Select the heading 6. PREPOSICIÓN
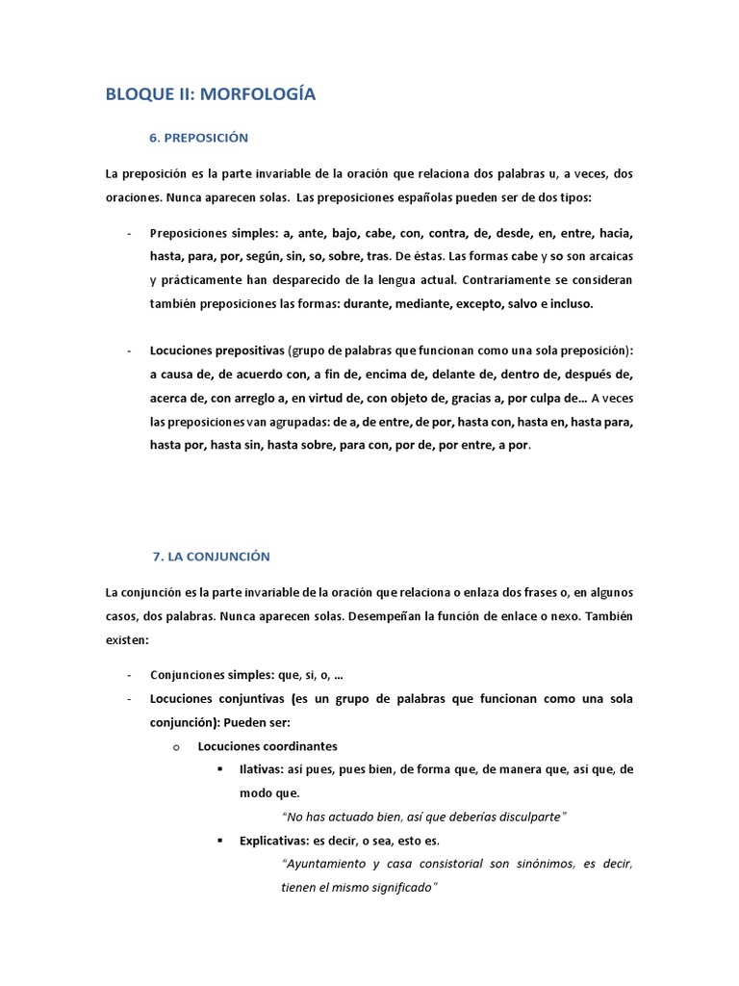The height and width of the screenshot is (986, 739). (199, 138)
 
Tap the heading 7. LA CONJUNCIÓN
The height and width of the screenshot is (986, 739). (212, 557)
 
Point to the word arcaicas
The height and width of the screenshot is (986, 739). (605, 257)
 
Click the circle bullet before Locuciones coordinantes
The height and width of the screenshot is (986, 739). (176, 746)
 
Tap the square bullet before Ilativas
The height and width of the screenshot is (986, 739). (220, 770)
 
